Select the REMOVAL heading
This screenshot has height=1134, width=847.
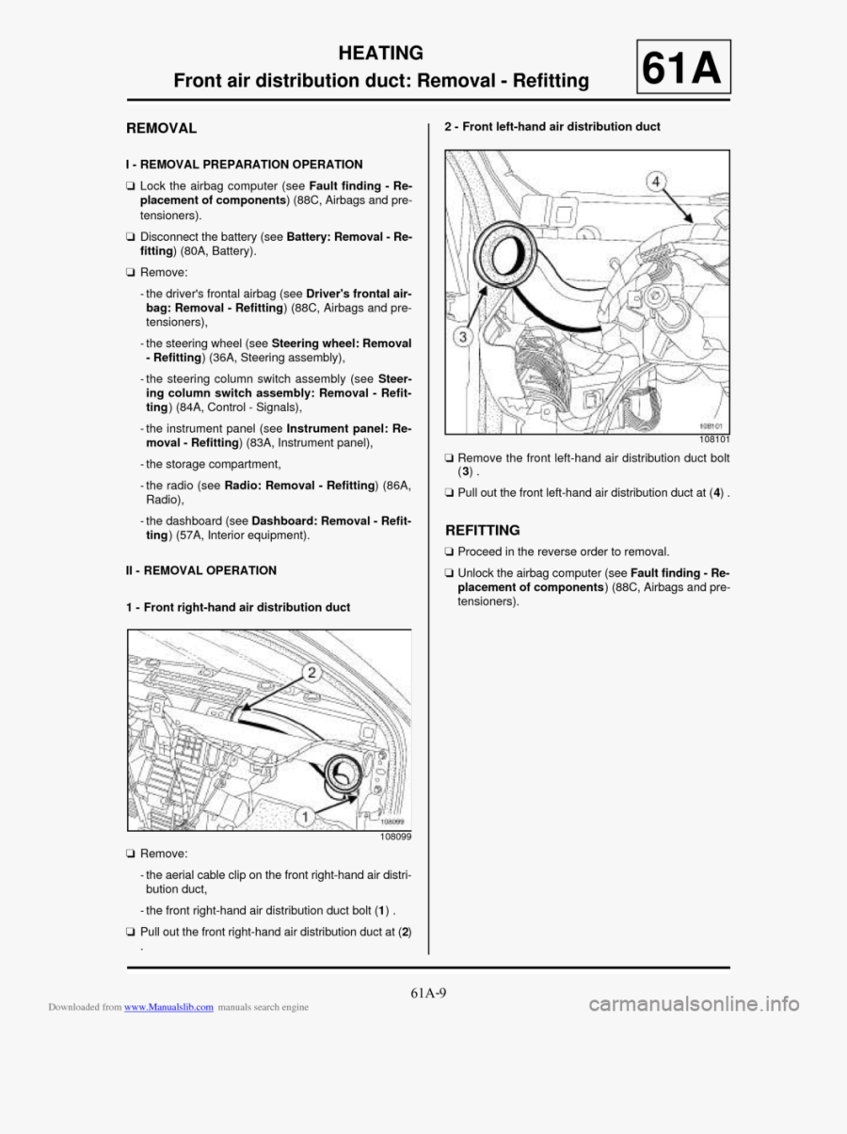[162, 127]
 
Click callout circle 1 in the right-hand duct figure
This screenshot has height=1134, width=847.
[304, 816]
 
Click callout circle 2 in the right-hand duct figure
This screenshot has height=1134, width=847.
[311, 671]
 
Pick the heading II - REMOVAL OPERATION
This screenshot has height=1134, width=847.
[201, 570]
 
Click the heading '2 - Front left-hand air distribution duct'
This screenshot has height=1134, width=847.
[551, 126]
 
